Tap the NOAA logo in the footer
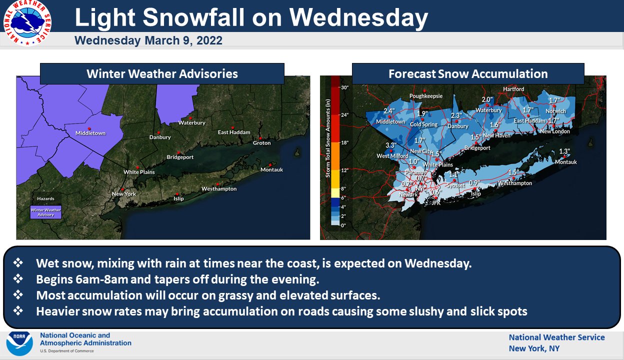(19, 343)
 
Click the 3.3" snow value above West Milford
(390, 146)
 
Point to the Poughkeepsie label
(426, 96)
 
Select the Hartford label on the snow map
(513, 89)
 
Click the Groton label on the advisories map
(261, 143)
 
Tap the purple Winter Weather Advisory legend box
(46, 212)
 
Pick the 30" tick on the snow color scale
(344, 87)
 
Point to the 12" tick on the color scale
(344, 170)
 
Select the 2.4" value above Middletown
(389, 111)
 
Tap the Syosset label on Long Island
(455, 185)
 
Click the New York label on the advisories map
(123, 194)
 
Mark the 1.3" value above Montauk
(564, 151)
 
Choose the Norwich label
(555, 111)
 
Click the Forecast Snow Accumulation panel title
(468, 74)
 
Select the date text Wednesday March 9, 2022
(148, 40)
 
